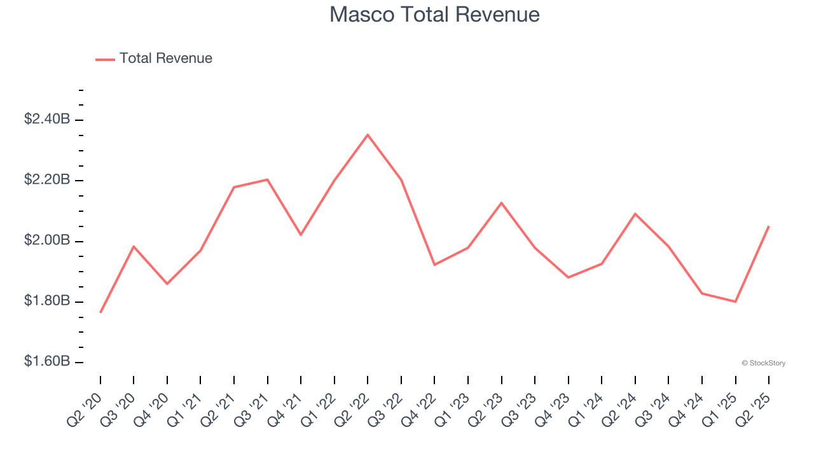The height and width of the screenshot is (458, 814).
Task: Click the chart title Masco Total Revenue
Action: (x=434, y=15)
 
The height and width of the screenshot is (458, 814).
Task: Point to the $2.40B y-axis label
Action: (x=46, y=119)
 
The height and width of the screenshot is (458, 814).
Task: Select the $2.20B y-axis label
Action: (x=46, y=180)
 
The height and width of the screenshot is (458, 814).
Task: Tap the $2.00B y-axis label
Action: (x=46, y=240)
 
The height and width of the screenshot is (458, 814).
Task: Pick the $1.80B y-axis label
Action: (x=46, y=301)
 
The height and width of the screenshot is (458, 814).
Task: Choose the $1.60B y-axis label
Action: (x=46, y=362)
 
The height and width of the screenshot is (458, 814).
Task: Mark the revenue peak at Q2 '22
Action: (x=368, y=135)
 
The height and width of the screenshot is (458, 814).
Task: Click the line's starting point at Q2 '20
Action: (x=100, y=312)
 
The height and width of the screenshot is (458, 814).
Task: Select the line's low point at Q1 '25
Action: (x=735, y=302)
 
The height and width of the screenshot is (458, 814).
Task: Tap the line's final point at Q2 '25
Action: (x=769, y=226)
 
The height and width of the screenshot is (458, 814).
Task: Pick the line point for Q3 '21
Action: (x=268, y=179)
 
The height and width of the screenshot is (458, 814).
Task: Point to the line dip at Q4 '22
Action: (x=434, y=265)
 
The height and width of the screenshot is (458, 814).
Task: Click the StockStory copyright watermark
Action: (x=763, y=363)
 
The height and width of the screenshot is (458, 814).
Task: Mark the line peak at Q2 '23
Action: (x=502, y=203)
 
